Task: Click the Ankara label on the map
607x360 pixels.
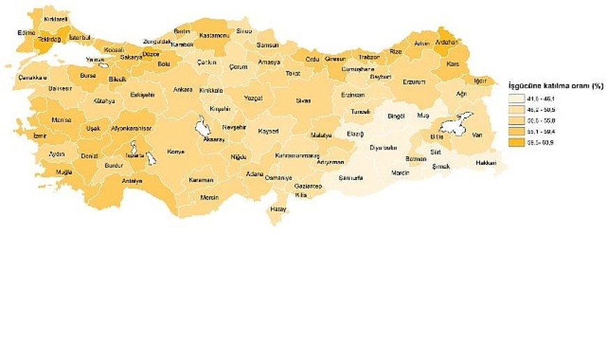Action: (x=182, y=89)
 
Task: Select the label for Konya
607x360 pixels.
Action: (x=175, y=151)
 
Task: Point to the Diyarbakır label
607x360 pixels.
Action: (x=383, y=147)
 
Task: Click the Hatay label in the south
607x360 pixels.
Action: (x=278, y=209)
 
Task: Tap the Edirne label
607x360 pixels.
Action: (x=27, y=32)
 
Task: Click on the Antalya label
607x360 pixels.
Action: (x=131, y=181)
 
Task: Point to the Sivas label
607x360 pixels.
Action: (x=303, y=100)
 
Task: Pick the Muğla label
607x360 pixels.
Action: (x=63, y=172)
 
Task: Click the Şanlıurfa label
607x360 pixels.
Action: (x=351, y=177)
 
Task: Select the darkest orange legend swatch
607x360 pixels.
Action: (x=517, y=142)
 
